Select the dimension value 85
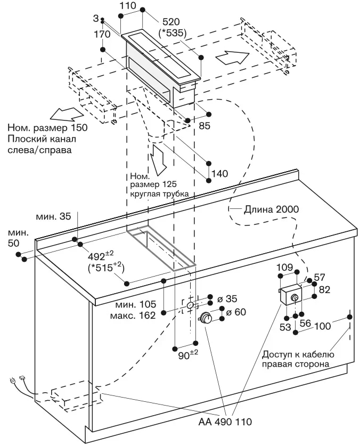(204, 126)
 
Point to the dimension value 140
(219, 173)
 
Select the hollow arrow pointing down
(158, 157)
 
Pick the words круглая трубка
(159, 195)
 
